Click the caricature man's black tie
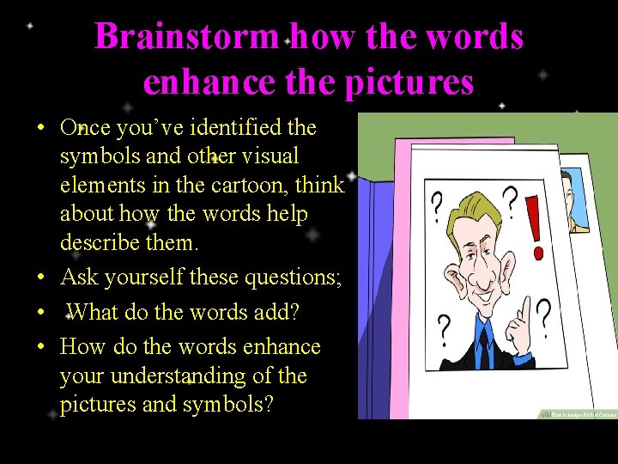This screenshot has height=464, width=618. coord(484,348)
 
